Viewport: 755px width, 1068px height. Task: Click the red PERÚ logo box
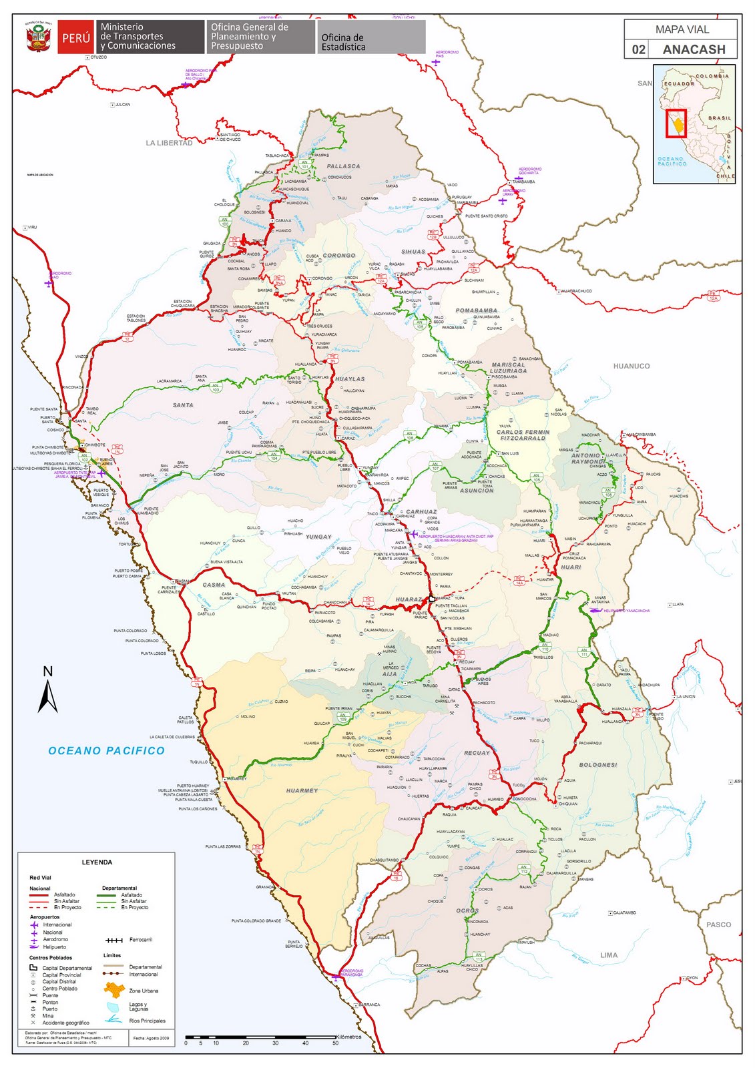pyautogui.click(x=75, y=38)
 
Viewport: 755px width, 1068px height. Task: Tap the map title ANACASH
pyautogui.click(x=694, y=49)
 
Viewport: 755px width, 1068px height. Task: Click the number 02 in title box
pyautogui.click(x=638, y=49)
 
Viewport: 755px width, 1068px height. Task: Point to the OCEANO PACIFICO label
pyautogui.click(x=106, y=751)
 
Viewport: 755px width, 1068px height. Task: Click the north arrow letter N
pyautogui.click(x=47, y=672)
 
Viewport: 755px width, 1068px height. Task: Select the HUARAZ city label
pyautogui.click(x=409, y=599)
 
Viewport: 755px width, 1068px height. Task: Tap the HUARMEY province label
pyautogui.click(x=302, y=790)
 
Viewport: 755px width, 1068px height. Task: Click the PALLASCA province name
pyautogui.click(x=343, y=166)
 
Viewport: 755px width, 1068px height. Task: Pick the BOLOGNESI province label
pyautogui.click(x=598, y=765)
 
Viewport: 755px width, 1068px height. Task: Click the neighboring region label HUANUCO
pyautogui.click(x=631, y=366)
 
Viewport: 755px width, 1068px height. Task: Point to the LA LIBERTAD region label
pyautogui.click(x=169, y=143)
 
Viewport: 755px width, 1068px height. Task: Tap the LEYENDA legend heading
pyautogui.click(x=97, y=862)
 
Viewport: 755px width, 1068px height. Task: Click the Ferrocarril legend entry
pyautogui.click(x=140, y=940)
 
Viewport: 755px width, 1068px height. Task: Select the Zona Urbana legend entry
pyautogui.click(x=144, y=991)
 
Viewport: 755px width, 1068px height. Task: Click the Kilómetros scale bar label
pyautogui.click(x=348, y=1037)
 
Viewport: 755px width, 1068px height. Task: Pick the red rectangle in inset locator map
pyautogui.click(x=676, y=123)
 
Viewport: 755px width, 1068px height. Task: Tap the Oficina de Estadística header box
pyautogui.click(x=371, y=38)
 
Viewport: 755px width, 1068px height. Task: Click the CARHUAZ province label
pyautogui.click(x=421, y=512)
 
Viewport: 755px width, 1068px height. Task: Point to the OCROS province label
pyautogui.click(x=467, y=910)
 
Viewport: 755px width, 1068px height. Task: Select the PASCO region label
pyautogui.click(x=719, y=924)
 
